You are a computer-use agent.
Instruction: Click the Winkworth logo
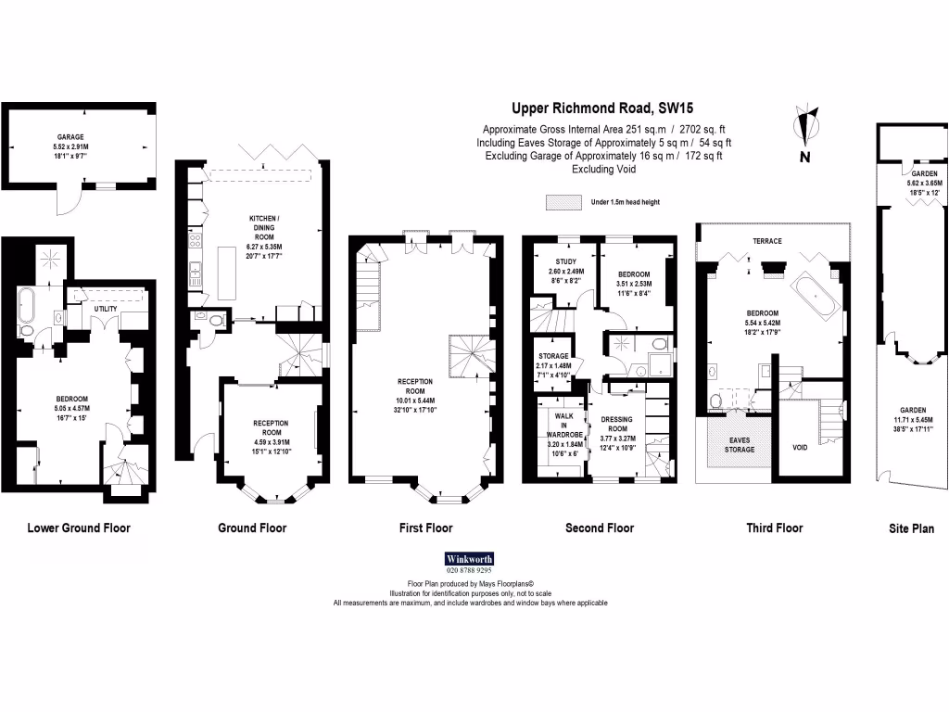click(470, 559)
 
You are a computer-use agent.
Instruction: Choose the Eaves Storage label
click(733, 444)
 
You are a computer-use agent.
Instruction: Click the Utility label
click(105, 308)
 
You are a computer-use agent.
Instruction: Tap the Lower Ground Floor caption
click(79, 528)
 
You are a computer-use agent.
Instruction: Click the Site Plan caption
click(912, 528)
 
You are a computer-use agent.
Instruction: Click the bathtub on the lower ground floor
click(28, 303)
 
